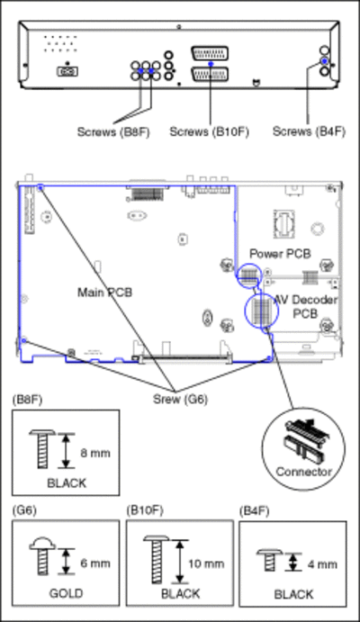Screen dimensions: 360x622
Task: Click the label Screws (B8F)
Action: (x=113, y=131)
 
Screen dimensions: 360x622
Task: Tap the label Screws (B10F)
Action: (x=210, y=131)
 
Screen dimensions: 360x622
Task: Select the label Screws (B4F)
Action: (x=309, y=131)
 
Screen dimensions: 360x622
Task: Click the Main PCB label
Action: (x=104, y=293)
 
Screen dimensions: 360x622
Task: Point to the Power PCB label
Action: (x=280, y=254)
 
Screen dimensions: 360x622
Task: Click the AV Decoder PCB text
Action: (x=306, y=306)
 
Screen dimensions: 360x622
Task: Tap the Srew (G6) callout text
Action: (x=180, y=399)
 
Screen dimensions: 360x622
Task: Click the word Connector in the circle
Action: (x=303, y=472)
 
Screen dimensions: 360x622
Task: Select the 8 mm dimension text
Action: (x=95, y=453)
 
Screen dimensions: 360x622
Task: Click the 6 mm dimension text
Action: (x=95, y=563)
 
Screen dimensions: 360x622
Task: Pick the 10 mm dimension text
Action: (x=206, y=563)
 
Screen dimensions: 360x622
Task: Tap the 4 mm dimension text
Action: (x=322, y=564)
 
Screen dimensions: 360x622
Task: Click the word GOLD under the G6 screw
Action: (x=67, y=593)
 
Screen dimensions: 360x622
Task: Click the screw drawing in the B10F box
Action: (x=157, y=559)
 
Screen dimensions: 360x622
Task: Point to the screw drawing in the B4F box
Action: (x=270, y=560)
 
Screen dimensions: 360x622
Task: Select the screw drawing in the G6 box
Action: (x=42, y=556)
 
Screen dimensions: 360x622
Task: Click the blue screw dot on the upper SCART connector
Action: (x=211, y=64)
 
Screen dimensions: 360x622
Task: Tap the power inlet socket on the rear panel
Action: (x=67, y=71)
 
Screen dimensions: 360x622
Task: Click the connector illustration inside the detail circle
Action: (x=304, y=441)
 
